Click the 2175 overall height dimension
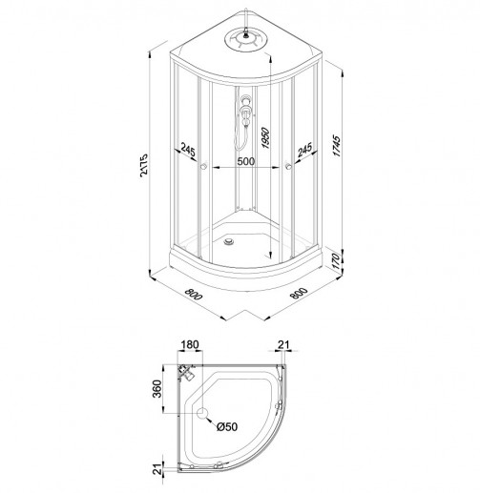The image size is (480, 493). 144,165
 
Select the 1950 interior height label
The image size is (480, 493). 264,138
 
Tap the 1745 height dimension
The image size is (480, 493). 337,146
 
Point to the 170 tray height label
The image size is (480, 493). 337,261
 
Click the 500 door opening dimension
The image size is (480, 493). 246,161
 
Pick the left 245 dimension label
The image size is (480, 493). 188,149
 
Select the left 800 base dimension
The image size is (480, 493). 194,294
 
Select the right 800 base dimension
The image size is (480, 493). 299,293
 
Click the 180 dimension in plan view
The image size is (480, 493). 190,344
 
